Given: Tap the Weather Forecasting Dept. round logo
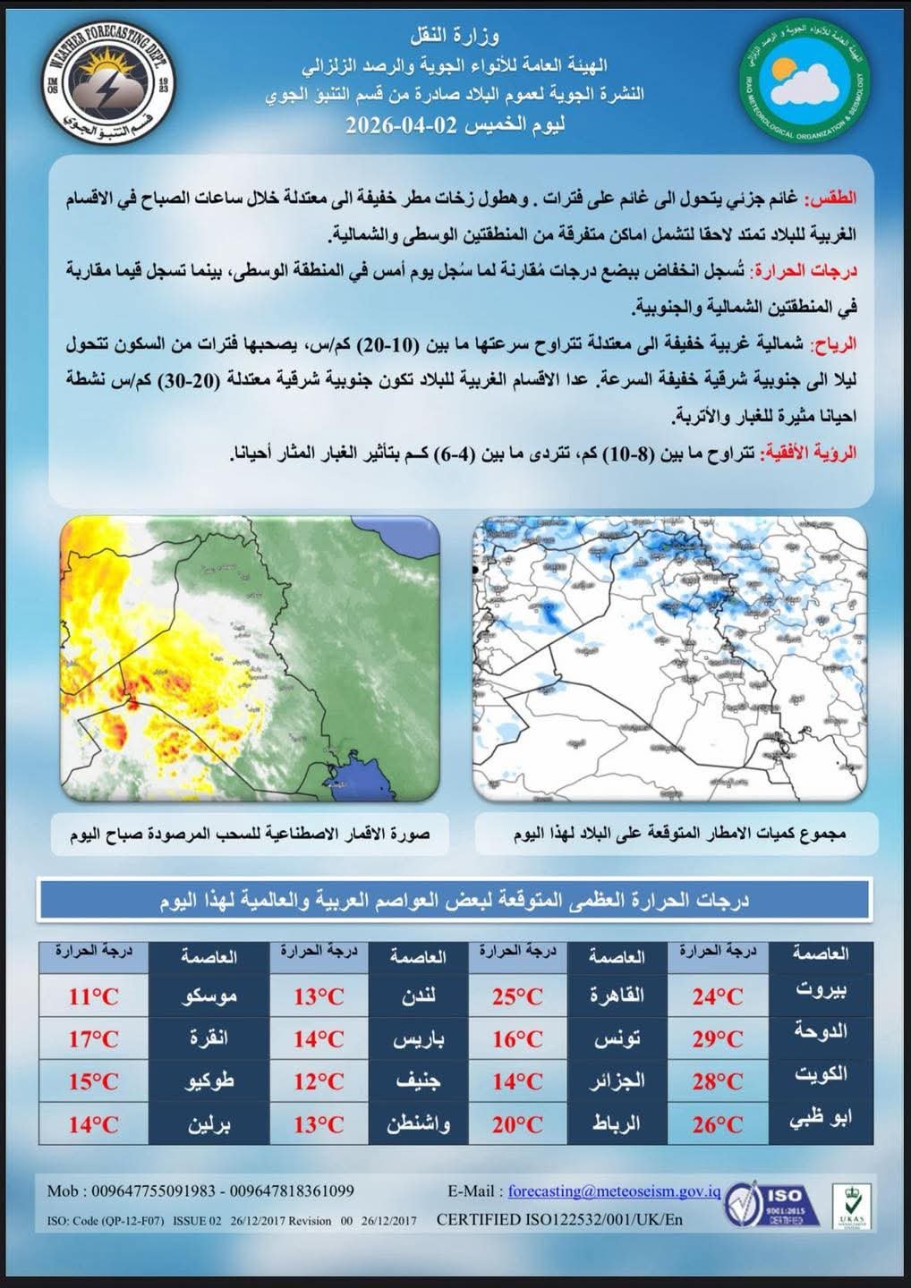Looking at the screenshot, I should [106, 79].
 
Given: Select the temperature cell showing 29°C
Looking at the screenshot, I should [717, 1039].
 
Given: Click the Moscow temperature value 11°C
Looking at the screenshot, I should [94, 996].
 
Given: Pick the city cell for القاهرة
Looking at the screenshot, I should [617, 996].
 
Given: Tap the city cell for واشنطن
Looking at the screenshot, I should [418, 1124].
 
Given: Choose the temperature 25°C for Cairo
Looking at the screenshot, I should [517, 996].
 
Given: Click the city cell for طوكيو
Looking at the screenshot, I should [209, 1081].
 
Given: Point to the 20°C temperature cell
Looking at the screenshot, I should [517, 1124].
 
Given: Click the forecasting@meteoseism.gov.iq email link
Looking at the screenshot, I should [614, 1191].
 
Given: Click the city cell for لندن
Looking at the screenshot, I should [418, 996].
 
